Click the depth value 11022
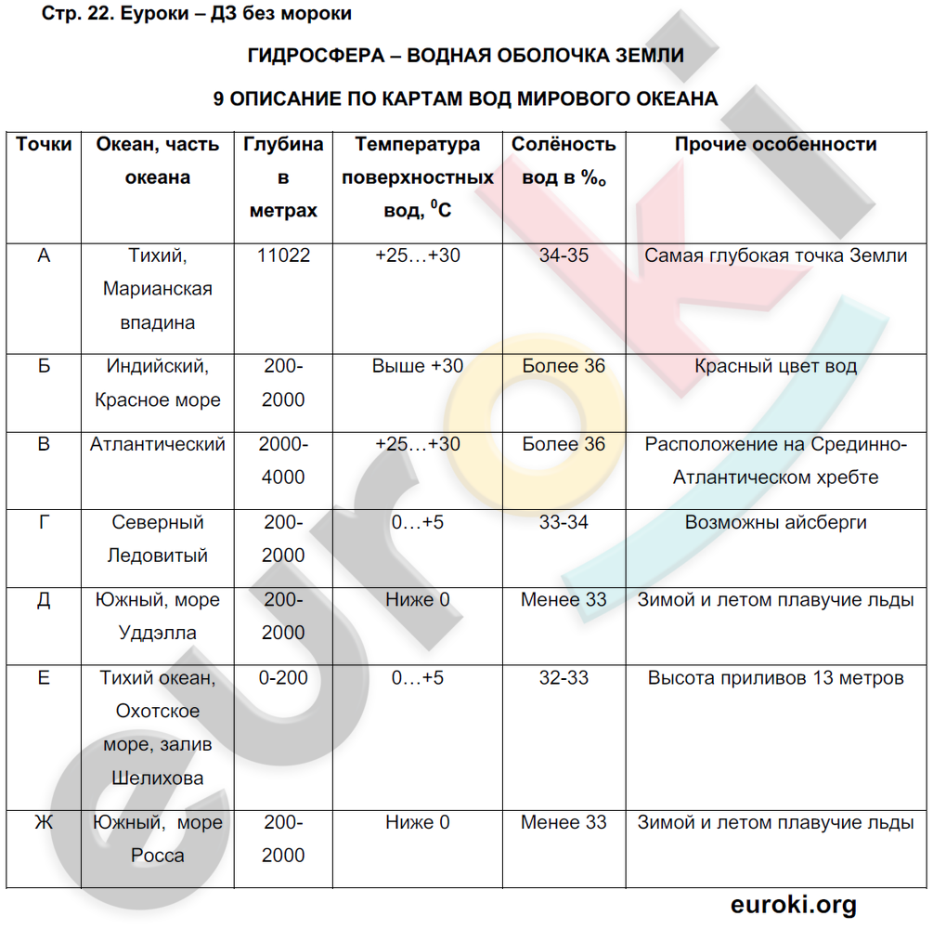click(283, 255)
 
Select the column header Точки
click(44, 145)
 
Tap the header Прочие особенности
click(775, 145)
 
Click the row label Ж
click(44, 823)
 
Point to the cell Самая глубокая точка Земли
click(775, 255)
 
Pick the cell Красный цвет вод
click(775, 366)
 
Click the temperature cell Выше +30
click(418, 366)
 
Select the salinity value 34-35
click(564, 255)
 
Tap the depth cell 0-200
click(283, 678)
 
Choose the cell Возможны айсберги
click(775, 522)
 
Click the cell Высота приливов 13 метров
click(775, 678)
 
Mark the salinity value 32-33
click(564, 678)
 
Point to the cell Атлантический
click(158, 444)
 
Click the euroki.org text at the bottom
click(794, 904)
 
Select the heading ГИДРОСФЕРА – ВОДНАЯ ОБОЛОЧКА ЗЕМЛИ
click(466, 56)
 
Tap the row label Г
click(44, 522)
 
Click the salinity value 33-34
click(564, 522)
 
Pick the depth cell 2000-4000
click(283, 461)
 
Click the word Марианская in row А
click(158, 289)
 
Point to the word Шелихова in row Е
click(158, 779)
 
